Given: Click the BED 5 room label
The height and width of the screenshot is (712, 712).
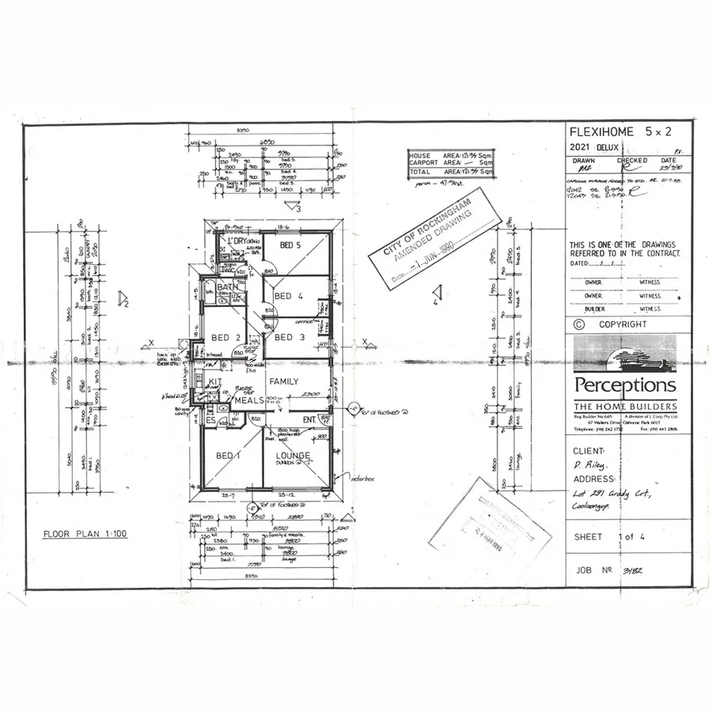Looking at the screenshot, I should pyautogui.click(x=293, y=245).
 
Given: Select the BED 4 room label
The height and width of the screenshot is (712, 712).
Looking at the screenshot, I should pyautogui.click(x=288, y=296).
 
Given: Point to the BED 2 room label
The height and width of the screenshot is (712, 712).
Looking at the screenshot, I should pyautogui.click(x=225, y=338).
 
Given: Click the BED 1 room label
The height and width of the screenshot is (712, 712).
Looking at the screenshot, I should pyautogui.click(x=229, y=456).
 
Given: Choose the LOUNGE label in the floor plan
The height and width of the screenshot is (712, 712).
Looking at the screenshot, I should pyautogui.click(x=293, y=456).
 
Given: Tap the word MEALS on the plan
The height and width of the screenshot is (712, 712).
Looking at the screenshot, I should pyautogui.click(x=248, y=400).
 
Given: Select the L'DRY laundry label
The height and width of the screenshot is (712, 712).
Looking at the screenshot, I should pyautogui.click(x=237, y=240).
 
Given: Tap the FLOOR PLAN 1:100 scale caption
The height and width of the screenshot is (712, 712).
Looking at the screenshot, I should pyautogui.click(x=85, y=534).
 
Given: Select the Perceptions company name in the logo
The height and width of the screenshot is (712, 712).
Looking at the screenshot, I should pyautogui.click(x=625, y=385).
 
